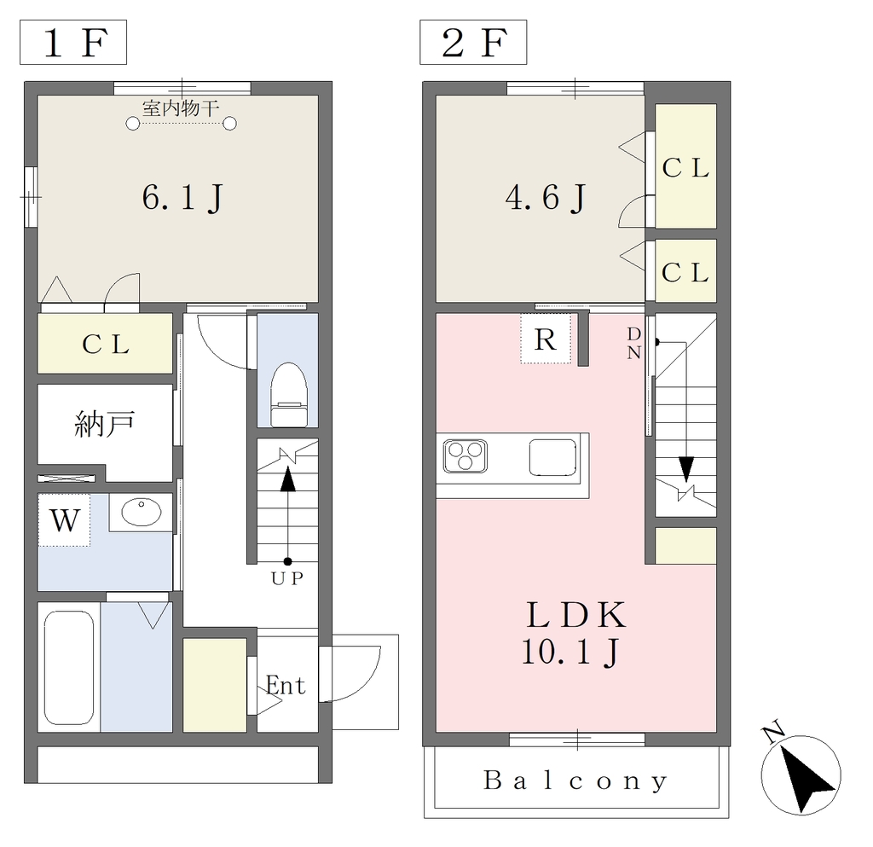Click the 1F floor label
(73, 43)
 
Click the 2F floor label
(473, 43)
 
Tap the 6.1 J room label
(182, 198)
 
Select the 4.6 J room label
(546, 198)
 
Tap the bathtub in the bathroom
(68, 668)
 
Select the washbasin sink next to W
(141, 512)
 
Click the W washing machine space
(64, 520)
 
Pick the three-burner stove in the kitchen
(465, 456)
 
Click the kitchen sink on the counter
(552, 458)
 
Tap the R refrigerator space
(546, 339)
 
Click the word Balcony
(575, 780)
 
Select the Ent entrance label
(286, 685)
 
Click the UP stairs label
(287, 578)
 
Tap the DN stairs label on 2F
(634, 343)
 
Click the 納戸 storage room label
(105, 424)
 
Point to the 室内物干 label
(181, 108)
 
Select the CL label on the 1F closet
(106, 344)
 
